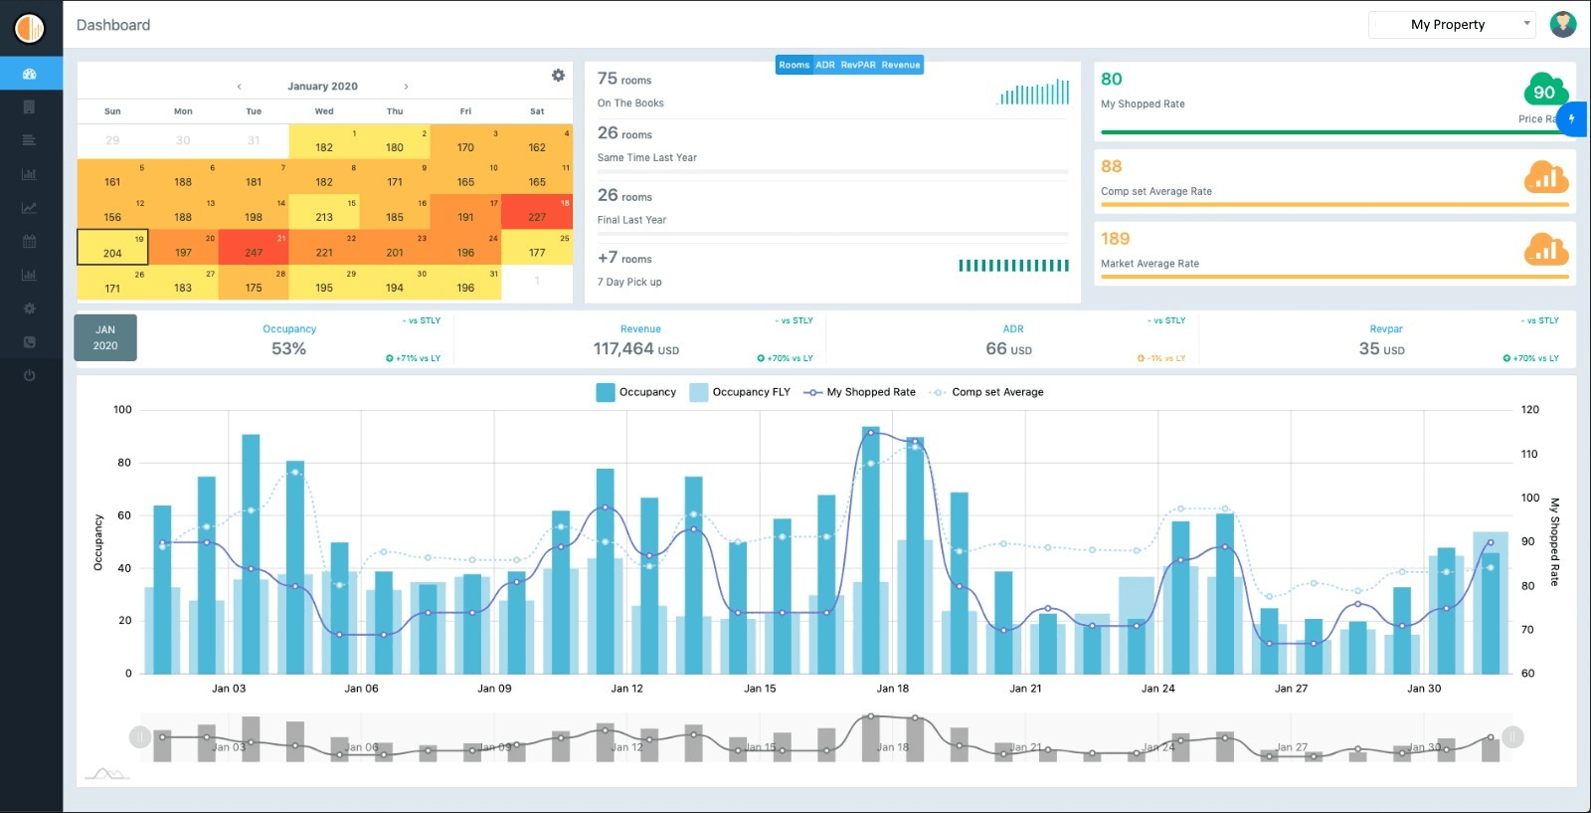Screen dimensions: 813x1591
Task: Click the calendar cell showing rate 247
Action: click(x=254, y=247)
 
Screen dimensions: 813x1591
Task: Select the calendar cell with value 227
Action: click(x=537, y=211)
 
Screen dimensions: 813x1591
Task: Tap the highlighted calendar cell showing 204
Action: click(x=112, y=247)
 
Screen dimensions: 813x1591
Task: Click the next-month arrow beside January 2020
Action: click(x=406, y=87)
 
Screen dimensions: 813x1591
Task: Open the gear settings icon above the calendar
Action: click(x=558, y=76)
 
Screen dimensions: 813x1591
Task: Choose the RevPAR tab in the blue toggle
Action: click(x=858, y=65)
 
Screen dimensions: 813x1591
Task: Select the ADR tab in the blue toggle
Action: click(x=825, y=65)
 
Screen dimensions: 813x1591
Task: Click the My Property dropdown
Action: click(x=1452, y=25)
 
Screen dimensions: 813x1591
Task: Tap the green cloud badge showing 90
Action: click(x=1545, y=91)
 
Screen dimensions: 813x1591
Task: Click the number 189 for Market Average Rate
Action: click(x=1115, y=239)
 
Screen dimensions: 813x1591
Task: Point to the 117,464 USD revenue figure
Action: click(x=635, y=349)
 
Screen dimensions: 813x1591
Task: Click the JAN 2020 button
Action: click(x=105, y=337)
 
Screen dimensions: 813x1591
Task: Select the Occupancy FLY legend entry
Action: click(x=740, y=392)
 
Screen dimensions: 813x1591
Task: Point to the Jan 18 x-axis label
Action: click(x=892, y=689)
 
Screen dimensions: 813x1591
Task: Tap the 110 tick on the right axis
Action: click(x=1529, y=454)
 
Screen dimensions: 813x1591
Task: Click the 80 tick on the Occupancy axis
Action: click(x=124, y=463)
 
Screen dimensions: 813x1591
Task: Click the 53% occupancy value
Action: click(x=288, y=349)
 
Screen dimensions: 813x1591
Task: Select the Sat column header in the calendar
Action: click(x=537, y=111)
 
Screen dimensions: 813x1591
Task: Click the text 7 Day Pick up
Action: click(x=629, y=283)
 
